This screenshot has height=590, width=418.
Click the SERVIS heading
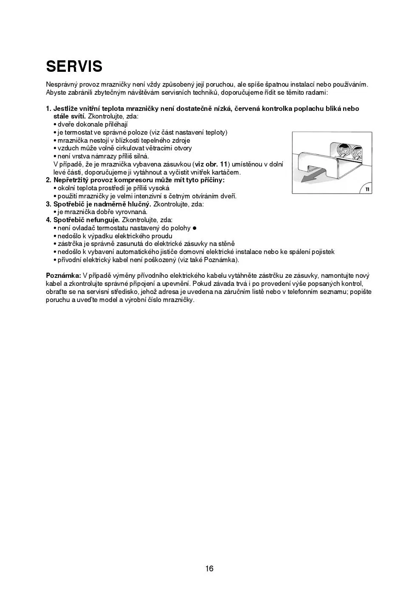(74, 66)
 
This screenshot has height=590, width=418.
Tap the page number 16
(209, 569)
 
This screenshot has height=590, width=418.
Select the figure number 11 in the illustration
(367, 189)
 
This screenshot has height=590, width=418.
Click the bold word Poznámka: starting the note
(63, 276)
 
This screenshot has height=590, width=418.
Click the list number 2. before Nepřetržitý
(49, 180)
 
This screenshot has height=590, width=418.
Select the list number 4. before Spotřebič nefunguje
(49, 220)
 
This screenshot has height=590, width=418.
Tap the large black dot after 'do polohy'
(195, 228)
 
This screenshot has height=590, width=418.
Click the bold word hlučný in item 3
(138, 204)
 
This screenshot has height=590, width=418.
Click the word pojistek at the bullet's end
(322, 252)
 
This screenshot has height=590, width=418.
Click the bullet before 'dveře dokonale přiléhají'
(55, 124)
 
